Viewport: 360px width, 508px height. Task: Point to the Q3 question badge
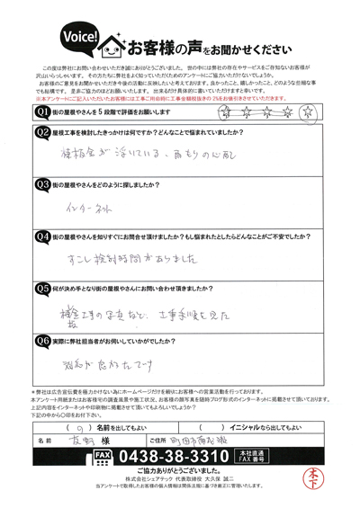click(40, 184)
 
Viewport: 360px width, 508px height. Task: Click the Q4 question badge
click(40, 237)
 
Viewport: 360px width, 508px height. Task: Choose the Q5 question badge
click(40, 290)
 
